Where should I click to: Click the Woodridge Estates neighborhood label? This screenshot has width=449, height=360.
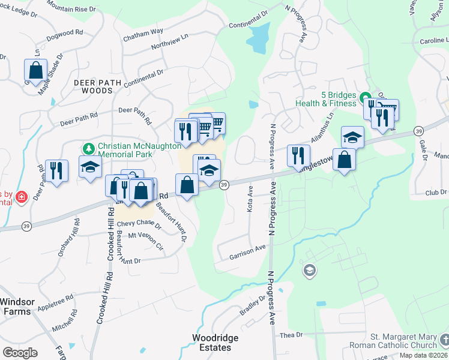[215, 343]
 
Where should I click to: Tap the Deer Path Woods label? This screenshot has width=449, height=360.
[93, 86]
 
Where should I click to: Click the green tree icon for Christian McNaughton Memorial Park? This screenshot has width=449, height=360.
[89, 148]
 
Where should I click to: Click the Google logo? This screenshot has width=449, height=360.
[20, 353]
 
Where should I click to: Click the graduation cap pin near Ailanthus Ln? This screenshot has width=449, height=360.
[352, 136]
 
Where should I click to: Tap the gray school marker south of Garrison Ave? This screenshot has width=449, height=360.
[309, 271]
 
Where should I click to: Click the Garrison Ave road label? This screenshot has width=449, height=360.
[247, 252]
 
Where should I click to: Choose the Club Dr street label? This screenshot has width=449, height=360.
[436, 193]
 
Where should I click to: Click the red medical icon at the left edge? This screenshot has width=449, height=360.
[22, 196]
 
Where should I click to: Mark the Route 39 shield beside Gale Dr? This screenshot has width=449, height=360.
[418, 131]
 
